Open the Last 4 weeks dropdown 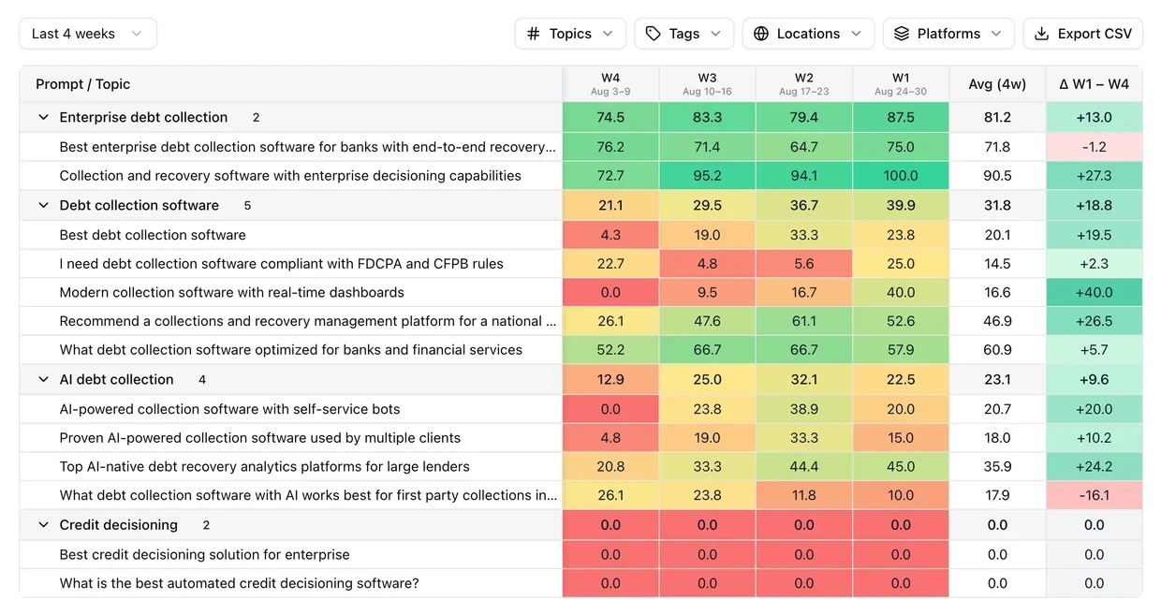tap(88, 34)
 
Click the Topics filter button tap(570, 34)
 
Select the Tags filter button tap(684, 34)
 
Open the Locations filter tap(808, 34)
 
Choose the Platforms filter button tap(948, 34)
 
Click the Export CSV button tap(1082, 34)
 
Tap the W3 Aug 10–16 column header tap(707, 84)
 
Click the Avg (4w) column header tap(997, 84)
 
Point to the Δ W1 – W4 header tap(1095, 84)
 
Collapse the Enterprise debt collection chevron tap(43, 117)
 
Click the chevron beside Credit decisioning tap(43, 525)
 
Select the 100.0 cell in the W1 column tap(901, 176)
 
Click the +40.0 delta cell tap(1095, 292)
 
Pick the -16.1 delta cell tap(1095, 495)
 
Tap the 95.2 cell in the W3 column tap(707, 176)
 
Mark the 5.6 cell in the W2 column tap(804, 264)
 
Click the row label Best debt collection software tap(153, 235)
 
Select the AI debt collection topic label tap(117, 379)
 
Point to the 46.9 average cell tap(997, 321)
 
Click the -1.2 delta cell tap(1095, 147)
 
